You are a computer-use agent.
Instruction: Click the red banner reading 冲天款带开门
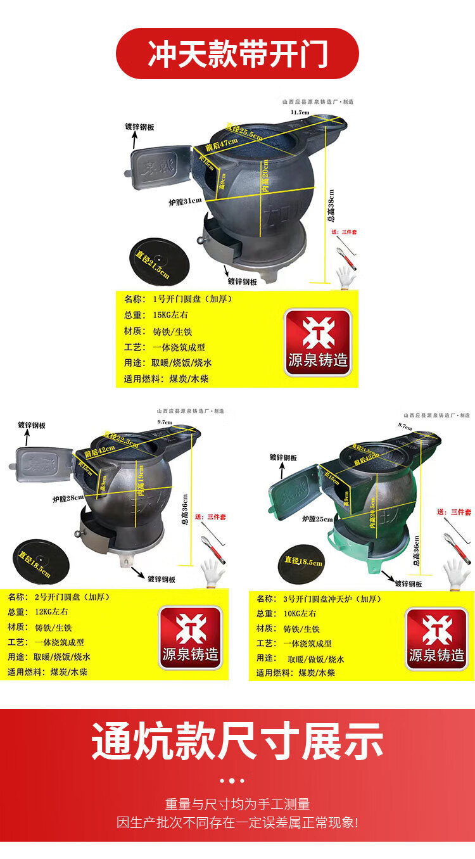[237, 54]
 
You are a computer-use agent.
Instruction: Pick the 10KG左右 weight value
[299, 613]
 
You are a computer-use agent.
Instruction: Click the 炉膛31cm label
[185, 202]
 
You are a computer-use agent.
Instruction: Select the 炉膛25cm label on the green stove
[317, 519]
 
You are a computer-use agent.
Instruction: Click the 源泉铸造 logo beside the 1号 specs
[317, 342]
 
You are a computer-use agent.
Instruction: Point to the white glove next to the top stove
[345, 277]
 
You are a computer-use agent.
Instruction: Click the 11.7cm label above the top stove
[300, 112]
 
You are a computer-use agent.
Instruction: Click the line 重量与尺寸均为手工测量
[237, 805]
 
